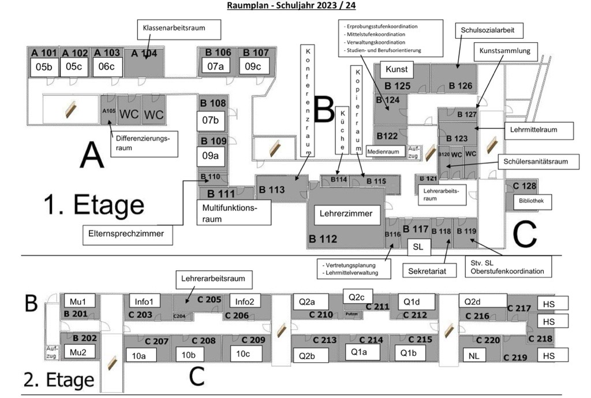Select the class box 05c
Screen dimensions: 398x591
[74, 67]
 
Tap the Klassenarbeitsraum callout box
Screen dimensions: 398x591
[173, 27]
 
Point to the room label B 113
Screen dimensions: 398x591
[271, 189]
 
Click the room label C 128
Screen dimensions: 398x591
[521, 186]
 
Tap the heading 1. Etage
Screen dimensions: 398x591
[94, 204]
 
